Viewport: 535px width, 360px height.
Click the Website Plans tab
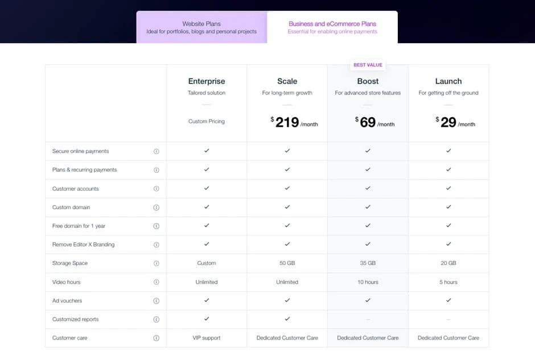[201, 27]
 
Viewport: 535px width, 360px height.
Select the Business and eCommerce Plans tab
[332, 27]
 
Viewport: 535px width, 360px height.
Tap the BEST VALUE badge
[368, 65]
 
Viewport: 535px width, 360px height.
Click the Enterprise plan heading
[207, 81]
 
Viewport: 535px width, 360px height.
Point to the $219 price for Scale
[287, 122]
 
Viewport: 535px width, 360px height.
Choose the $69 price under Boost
[368, 122]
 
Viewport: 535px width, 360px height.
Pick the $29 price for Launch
[448, 122]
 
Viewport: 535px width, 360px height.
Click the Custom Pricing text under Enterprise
[207, 121]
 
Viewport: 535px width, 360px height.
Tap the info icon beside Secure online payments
[157, 151]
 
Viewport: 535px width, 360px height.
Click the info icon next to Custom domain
[157, 208]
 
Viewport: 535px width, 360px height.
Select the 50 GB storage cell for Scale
[287, 263]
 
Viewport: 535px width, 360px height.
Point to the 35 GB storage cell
[368, 263]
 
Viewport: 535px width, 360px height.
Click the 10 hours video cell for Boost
[368, 282]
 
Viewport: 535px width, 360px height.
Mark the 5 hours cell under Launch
[448, 282]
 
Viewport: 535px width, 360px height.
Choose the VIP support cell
[207, 338]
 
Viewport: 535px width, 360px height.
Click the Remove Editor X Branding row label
[83, 245]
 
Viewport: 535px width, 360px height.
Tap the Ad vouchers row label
[67, 300]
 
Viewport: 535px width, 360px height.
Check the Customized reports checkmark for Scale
[287, 319]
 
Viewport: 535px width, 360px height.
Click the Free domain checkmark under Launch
[448, 226]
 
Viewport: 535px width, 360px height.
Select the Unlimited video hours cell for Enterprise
[207, 282]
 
